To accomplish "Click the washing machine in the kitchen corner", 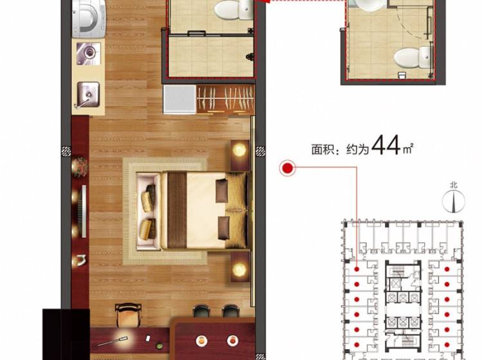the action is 89,19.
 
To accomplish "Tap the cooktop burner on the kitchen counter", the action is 89,53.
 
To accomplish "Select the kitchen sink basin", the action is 88,94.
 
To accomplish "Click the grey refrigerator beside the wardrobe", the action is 180,99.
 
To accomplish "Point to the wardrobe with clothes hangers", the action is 226,99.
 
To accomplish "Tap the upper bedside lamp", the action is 240,150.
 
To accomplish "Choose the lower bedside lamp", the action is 240,269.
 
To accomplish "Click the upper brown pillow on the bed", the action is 222,190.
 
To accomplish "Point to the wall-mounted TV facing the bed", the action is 84,211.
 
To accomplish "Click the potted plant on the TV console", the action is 80,167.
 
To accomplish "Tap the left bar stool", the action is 201,311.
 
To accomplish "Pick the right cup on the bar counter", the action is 233,340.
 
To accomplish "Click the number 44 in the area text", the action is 386,145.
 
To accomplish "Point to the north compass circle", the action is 454,201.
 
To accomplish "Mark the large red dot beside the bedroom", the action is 288,168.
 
